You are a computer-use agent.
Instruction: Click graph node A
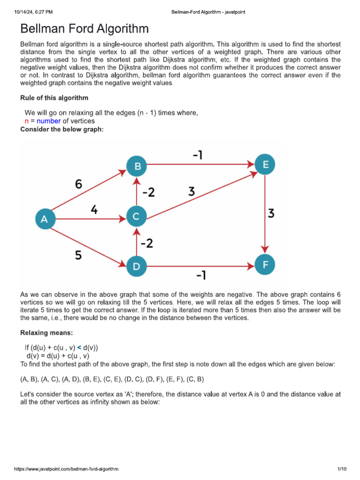coord(45,219)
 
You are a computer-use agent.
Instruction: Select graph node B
coord(137,165)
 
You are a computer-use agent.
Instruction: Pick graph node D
coord(136,267)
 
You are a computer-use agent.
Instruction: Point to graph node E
coord(265,164)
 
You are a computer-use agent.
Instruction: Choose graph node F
coord(266,264)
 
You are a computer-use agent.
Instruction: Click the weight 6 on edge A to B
coord(78,184)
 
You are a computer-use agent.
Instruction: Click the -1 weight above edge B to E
coord(197,154)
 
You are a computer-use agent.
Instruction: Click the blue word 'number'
coord(49,121)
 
